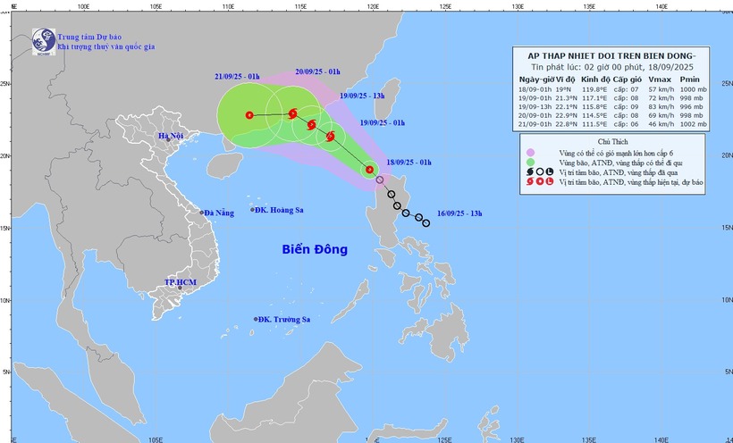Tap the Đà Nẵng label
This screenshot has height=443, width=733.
[x=218, y=213]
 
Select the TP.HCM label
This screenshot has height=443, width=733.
[x=179, y=283]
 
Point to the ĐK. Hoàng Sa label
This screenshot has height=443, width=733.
[x=278, y=210]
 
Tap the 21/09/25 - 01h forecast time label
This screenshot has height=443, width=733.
[x=237, y=76]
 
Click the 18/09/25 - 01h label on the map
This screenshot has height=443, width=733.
[x=409, y=162]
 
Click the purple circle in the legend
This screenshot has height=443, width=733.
[x=529, y=153]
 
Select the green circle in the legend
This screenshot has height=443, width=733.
[x=529, y=162]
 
